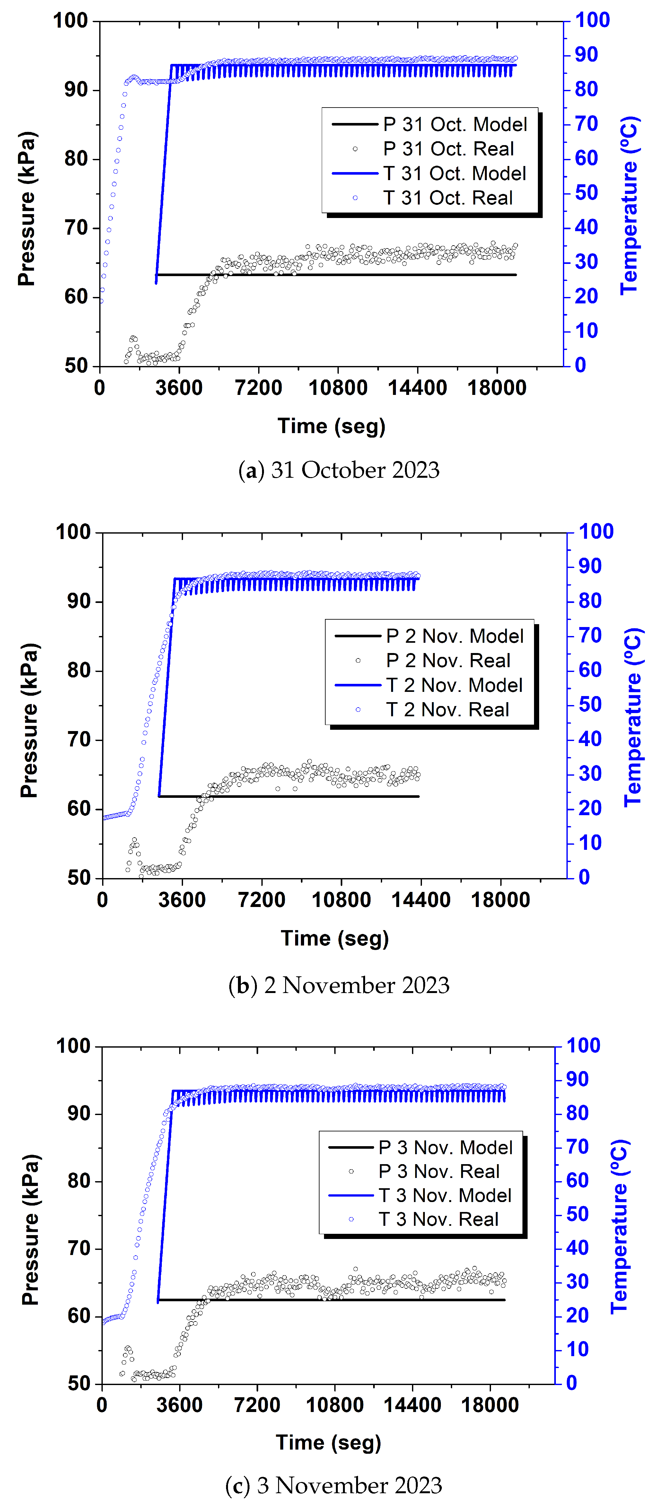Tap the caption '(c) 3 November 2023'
(x=334, y=1485)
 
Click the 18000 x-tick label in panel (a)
(x=496, y=388)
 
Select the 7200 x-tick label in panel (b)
(x=261, y=900)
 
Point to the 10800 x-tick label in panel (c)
(x=334, y=1405)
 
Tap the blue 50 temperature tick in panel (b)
(x=590, y=704)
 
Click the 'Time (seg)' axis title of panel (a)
(x=331, y=426)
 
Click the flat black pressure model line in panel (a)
(x=351, y=275)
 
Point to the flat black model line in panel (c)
(x=351, y=1300)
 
